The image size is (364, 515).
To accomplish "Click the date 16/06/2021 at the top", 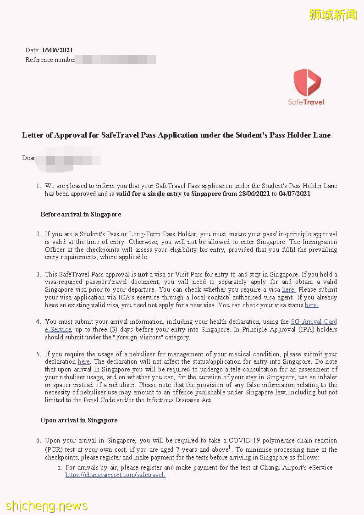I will click(57, 50).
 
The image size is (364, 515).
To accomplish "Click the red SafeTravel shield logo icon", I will click(307, 82).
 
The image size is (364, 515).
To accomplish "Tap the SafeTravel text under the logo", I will click(306, 102).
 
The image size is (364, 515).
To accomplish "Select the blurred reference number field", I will click(115, 60).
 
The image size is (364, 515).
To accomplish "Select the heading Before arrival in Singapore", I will click(81, 214).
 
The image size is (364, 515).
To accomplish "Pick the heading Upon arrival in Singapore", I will click(79, 420).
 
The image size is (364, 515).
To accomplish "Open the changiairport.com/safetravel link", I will click(115, 475).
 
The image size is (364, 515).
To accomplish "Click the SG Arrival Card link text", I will click(314, 321).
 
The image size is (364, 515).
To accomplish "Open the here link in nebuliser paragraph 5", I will click(83, 362).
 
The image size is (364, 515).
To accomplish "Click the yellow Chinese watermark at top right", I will click(333, 15).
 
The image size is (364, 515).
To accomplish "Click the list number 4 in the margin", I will click(39, 321).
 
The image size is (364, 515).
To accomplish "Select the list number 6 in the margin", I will click(39, 440).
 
